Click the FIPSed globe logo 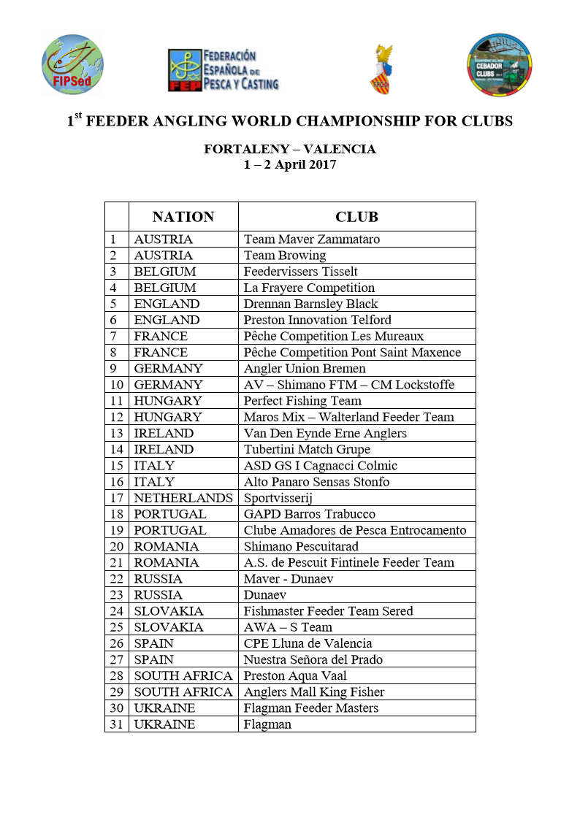(72, 64)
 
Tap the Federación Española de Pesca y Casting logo (223, 70)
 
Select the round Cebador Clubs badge (499, 65)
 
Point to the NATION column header (183, 217)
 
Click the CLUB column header (356, 217)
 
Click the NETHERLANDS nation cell (183, 498)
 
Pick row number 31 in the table (116, 724)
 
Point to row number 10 (116, 385)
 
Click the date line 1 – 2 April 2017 (290, 165)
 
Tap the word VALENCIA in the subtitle (340, 150)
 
